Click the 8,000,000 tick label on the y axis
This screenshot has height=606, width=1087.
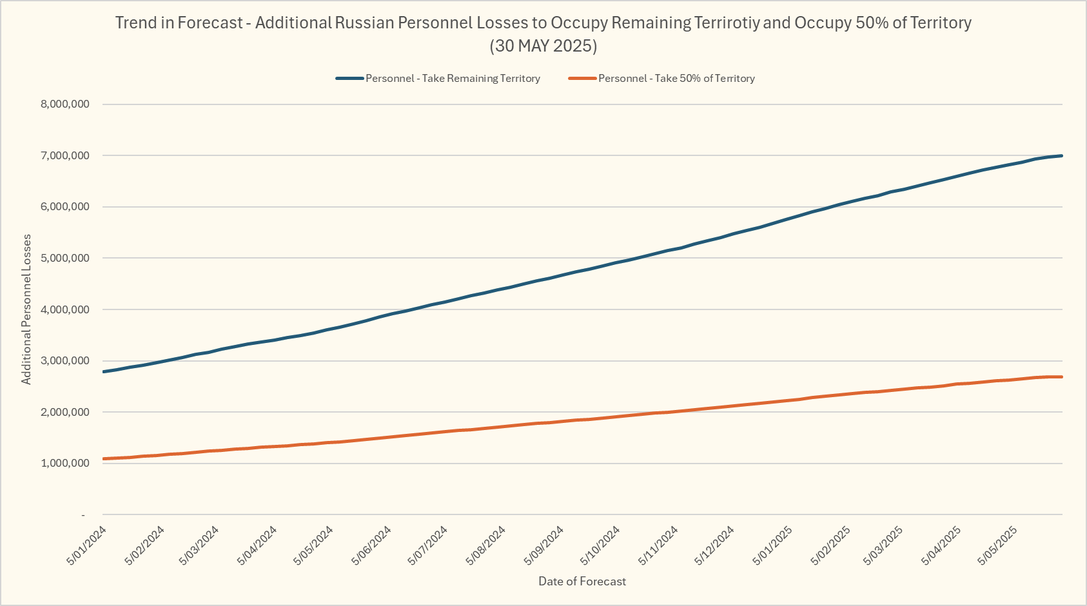(x=65, y=104)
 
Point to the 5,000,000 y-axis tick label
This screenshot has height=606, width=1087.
(x=65, y=259)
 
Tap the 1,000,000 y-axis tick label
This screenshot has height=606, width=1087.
(x=65, y=464)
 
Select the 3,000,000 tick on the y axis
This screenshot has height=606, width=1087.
(x=65, y=361)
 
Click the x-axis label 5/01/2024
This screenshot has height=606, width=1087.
(x=86, y=546)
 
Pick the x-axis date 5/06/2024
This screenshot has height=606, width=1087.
(x=371, y=546)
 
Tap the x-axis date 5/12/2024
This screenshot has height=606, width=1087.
(x=714, y=546)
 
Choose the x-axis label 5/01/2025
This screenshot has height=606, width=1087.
(x=772, y=546)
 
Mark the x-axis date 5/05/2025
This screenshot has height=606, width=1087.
(x=997, y=546)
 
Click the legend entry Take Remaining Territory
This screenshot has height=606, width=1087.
(x=453, y=79)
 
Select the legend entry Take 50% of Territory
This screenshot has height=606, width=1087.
(x=676, y=79)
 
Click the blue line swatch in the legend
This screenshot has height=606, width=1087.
(x=350, y=79)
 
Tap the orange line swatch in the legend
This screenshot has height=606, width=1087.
(x=583, y=79)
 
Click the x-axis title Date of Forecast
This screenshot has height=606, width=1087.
(x=582, y=582)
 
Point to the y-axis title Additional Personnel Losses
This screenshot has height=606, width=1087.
(x=26, y=309)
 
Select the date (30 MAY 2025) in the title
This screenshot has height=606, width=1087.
(x=543, y=46)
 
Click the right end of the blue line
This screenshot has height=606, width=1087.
(x=1061, y=156)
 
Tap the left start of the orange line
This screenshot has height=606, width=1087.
(x=104, y=459)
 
